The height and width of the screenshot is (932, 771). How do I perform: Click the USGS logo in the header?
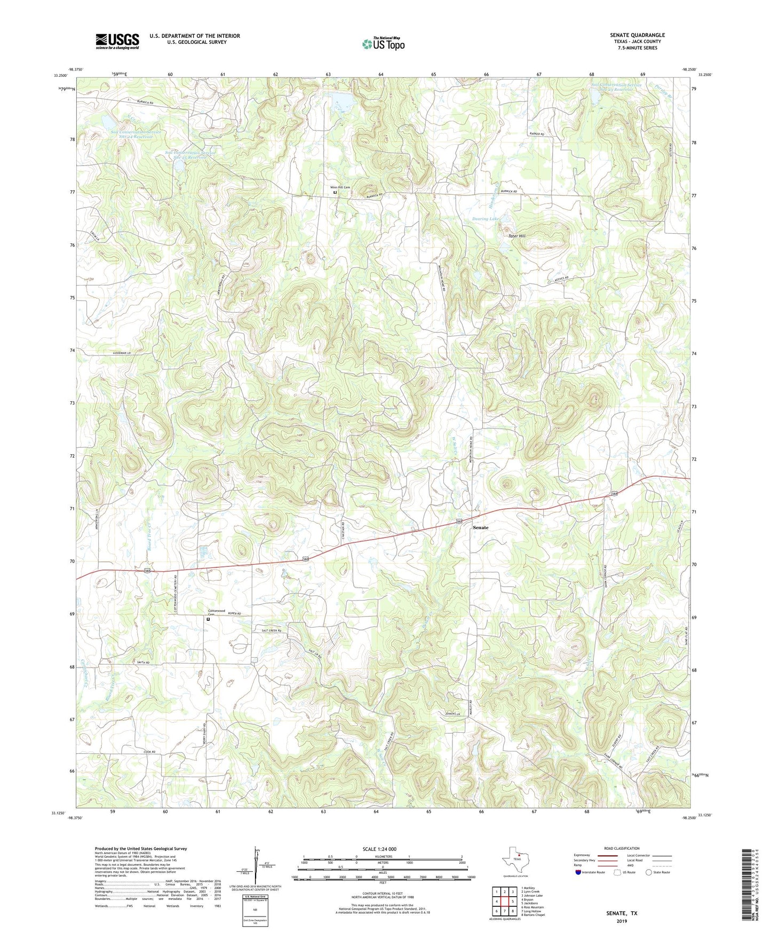(117, 41)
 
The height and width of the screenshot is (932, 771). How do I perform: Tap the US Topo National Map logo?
(383, 44)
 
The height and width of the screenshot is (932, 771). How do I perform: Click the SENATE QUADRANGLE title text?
(637, 35)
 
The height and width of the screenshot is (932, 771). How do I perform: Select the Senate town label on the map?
(480, 527)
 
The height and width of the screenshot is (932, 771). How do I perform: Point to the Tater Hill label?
(516, 235)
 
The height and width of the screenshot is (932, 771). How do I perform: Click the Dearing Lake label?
(486, 219)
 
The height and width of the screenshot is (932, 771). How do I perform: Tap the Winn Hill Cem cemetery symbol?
(335, 193)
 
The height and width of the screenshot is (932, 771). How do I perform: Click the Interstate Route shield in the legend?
(579, 872)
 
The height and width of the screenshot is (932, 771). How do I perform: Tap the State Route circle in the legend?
(648, 872)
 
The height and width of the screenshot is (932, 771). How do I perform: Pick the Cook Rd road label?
(149, 752)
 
